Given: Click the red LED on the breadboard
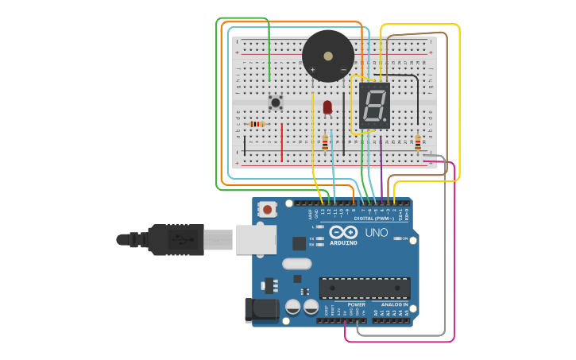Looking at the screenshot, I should [x=327, y=106].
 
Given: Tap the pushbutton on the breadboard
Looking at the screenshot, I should [x=276, y=102].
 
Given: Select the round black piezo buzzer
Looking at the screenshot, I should [x=328, y=56].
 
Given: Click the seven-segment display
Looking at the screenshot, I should [x=375, y=105].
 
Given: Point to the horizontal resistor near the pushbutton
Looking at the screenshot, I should [x=257, y=124].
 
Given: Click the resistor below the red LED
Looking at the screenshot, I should [x=325, y=143].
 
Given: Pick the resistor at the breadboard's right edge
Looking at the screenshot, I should [x=418, y=142].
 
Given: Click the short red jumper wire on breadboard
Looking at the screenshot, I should [x=281, y=141].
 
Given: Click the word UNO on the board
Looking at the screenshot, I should [x=377, y=233].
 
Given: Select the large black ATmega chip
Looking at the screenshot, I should [x=365, y=288].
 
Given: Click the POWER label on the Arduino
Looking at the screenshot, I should [x=357, y=304].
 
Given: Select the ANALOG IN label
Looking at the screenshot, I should [x=395, y=304].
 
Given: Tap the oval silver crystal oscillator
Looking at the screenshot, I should [x=296, y=264].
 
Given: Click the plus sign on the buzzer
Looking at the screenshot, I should [x=312, y=70].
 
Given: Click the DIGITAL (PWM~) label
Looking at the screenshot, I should [x=374, y=218].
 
